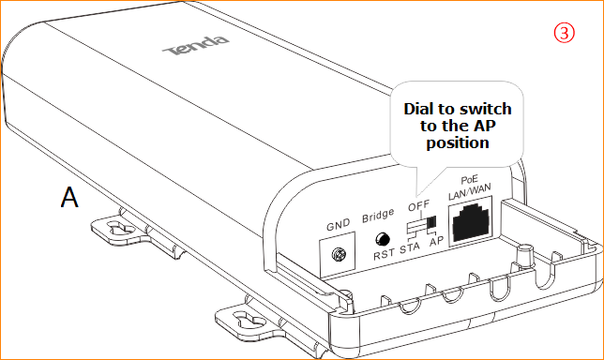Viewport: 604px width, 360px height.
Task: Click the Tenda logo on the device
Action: pos(195,46)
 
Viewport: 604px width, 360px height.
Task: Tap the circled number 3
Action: pos(564,33)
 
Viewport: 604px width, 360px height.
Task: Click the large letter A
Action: pos(69,197)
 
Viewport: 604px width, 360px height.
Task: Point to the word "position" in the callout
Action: pos(458,143)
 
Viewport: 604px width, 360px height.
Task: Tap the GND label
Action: pos(339,225)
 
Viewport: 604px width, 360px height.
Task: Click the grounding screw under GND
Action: pos(339,254)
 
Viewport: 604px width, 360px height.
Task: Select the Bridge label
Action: pos(378,215)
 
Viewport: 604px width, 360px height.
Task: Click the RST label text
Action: pos(384,254)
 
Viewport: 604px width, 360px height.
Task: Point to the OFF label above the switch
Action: pos(418,206)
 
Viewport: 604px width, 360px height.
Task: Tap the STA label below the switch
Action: pos(410,247)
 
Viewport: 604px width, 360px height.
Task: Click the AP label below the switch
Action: pos(436,242)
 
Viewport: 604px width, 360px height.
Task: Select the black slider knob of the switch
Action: pos(431,222)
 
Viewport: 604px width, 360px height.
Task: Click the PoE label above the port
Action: pos(469,180)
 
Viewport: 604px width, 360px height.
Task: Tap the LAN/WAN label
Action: pos(469,191)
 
